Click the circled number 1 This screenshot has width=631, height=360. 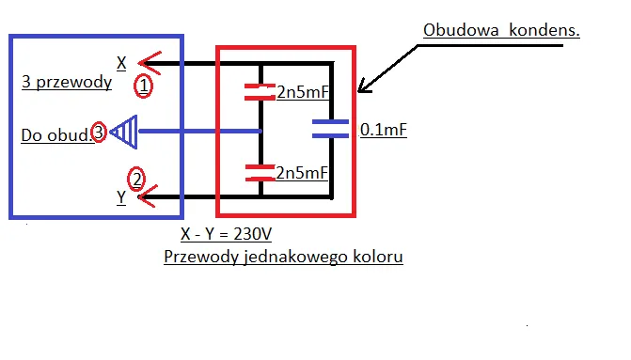143,86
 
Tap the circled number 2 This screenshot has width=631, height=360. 137,178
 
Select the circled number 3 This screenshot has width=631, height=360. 98,133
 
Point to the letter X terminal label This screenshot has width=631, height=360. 121,63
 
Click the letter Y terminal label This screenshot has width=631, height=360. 121,196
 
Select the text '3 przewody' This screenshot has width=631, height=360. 66,82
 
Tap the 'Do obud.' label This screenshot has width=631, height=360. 56,135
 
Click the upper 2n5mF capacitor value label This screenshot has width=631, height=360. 302,92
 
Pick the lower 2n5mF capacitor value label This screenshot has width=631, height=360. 302,173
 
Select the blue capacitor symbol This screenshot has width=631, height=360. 331,130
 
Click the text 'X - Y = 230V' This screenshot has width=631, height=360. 226,233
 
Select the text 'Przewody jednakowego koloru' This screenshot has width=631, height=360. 283,256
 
